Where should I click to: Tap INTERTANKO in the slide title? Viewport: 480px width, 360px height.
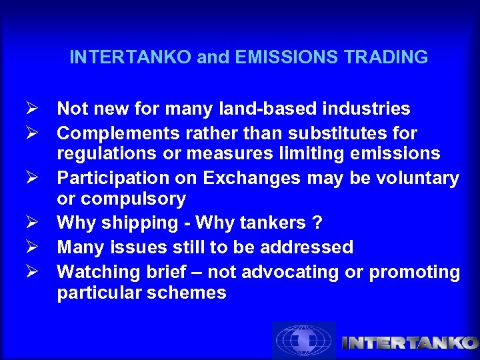131,57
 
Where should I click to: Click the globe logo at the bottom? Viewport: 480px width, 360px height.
304,341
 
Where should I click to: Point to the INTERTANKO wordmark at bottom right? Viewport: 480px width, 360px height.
409,343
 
